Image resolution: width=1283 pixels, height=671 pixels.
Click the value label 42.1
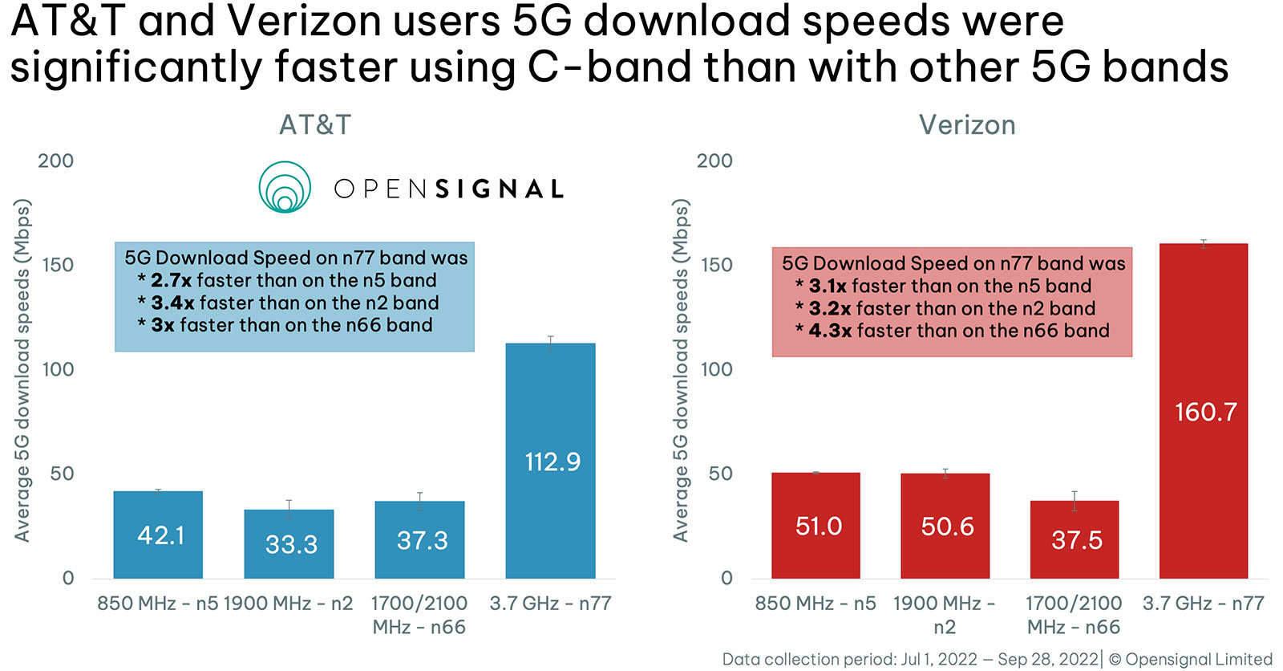[161, 535]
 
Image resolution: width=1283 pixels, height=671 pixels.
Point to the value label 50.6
[947, 527]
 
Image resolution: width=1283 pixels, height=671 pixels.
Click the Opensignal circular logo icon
[285, 188]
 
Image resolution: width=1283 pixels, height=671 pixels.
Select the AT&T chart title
[315, 125]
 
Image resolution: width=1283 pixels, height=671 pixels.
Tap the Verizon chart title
[967, 125]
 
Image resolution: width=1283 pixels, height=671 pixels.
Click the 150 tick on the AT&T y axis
[58, 265]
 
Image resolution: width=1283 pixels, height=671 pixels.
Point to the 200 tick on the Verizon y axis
[714, 161]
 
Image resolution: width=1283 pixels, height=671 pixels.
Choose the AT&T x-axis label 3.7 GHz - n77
[550, 604]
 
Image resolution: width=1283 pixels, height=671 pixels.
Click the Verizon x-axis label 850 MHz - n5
[815, 604]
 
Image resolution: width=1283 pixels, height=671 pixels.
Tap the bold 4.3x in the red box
[830, 331]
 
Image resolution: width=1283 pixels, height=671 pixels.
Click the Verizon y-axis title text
[681, 369]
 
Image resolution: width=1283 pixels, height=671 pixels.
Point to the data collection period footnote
[910, 660]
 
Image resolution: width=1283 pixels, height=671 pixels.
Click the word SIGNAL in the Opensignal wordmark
[500, 189]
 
